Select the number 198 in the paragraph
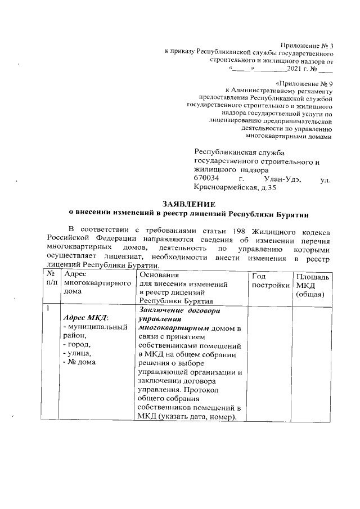[x=231, y=231]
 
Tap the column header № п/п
[x=52, y=278]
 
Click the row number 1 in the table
[x=49, y=309]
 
